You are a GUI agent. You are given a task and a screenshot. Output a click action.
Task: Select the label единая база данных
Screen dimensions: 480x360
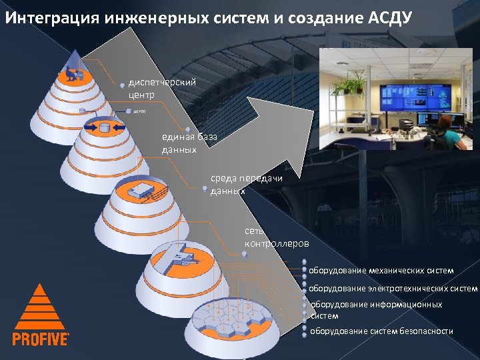[x=189, y=143]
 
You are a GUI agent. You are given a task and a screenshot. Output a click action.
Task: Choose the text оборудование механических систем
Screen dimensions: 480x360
[x=381, y=271]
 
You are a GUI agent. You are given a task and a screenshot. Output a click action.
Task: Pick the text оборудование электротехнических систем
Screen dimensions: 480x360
[x=393, y=289]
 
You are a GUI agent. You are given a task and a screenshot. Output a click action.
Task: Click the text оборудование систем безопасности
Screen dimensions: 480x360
[x=381, y=331]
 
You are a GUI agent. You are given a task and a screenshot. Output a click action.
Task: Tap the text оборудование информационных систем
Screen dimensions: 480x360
[x=376, y=310]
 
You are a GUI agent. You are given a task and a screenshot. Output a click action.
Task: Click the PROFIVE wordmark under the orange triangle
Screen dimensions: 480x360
[x=41, y=339]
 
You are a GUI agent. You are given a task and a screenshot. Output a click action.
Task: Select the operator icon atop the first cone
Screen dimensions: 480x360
[x=74, y=74]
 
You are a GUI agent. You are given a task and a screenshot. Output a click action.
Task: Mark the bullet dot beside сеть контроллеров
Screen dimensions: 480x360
[x=245, y=254]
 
